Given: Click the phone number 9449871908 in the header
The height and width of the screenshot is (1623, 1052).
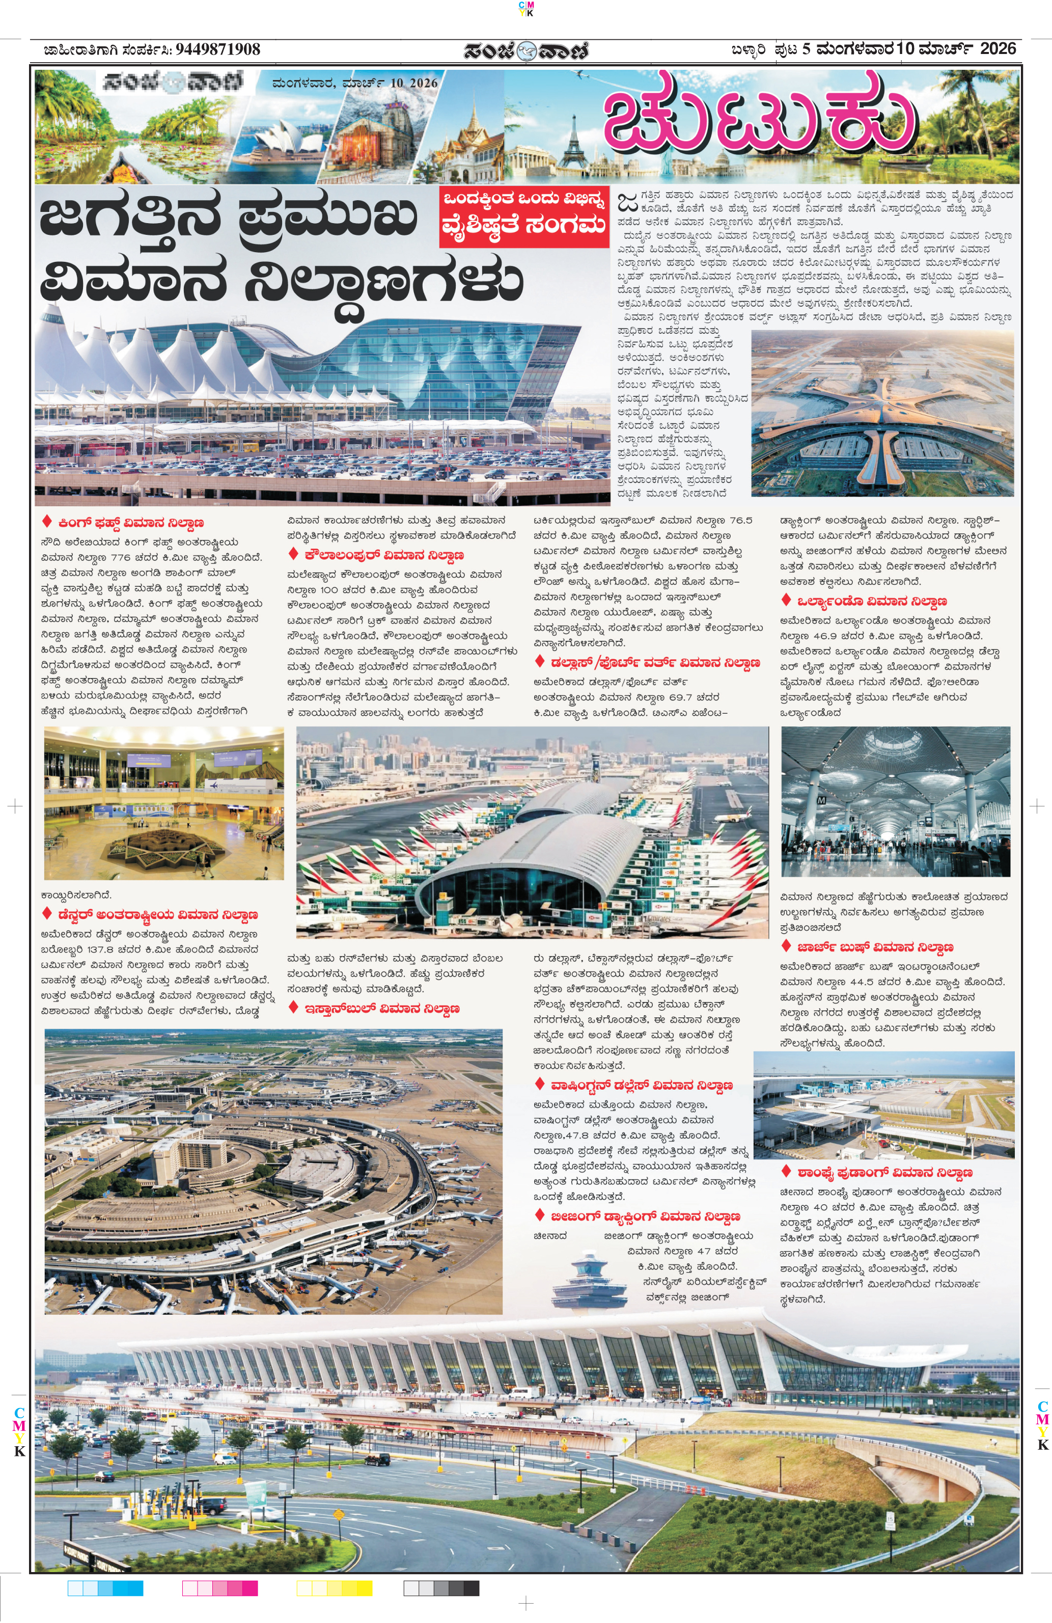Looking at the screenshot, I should tap(217, 49).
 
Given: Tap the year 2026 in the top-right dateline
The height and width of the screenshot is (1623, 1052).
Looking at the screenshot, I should tap(998, 49).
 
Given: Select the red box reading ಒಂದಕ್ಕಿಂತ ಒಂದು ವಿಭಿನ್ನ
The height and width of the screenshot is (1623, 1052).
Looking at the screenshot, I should tap(523, 199).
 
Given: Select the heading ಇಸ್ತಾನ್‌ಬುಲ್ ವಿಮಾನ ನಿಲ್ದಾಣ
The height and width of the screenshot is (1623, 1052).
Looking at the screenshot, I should tap(382, 1009).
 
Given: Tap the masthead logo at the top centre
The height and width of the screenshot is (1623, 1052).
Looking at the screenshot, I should tap(525, 50).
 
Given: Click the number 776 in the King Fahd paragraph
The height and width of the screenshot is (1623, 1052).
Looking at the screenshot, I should tap(121, 557).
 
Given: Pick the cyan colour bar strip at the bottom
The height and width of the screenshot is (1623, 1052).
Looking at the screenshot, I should tap(106, 1589).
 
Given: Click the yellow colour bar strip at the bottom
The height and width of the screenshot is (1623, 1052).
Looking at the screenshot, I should tap(334, 1589).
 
